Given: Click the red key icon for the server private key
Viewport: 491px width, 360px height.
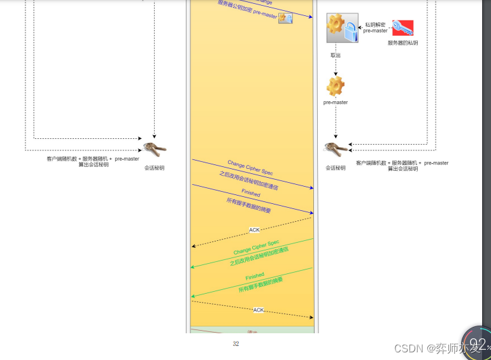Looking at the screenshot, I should click(x=402, y=28).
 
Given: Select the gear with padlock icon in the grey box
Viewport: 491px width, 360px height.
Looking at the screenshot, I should click(x=342, y=28).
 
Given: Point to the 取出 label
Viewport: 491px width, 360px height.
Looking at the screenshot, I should click(x=336, y=55).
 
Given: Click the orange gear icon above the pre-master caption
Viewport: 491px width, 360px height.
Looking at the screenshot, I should click(x=336, y=85).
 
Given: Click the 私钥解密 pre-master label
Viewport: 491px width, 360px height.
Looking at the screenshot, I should click(x=375, y=27).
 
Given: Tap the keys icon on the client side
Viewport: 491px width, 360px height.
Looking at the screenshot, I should click(x=154, y=150).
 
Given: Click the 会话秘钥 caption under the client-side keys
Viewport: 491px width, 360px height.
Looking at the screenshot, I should click(x=154, y=168).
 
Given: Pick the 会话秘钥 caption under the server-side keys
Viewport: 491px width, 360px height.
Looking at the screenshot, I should click(x=336, y=168).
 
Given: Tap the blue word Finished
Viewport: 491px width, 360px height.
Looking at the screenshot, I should click(x=251, y=192).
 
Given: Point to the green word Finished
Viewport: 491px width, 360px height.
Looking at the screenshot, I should click(x=255, y=276).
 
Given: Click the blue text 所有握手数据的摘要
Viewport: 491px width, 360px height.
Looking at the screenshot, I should click(x=248, y=205).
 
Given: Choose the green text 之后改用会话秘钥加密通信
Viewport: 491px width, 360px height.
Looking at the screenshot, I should click(x=259, y=257).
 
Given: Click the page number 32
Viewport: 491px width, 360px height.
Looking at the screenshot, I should click(x=236, y=344).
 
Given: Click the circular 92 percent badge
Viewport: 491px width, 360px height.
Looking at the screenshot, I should click(x=476, y=345).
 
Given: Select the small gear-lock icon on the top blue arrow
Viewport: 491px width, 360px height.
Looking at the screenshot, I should click(x=285, y=18).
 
